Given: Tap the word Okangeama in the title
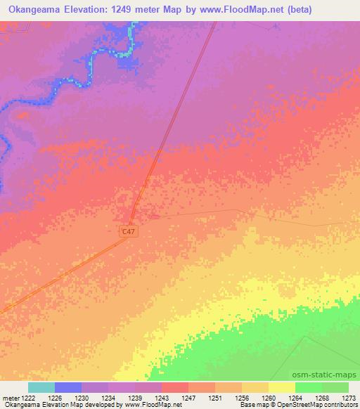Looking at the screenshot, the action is point(34,10).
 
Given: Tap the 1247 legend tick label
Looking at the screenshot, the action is point(188,397).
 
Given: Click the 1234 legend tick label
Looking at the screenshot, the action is point(108,397).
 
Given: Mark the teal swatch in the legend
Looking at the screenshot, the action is point(41,387).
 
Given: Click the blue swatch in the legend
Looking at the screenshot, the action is point(68,387).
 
